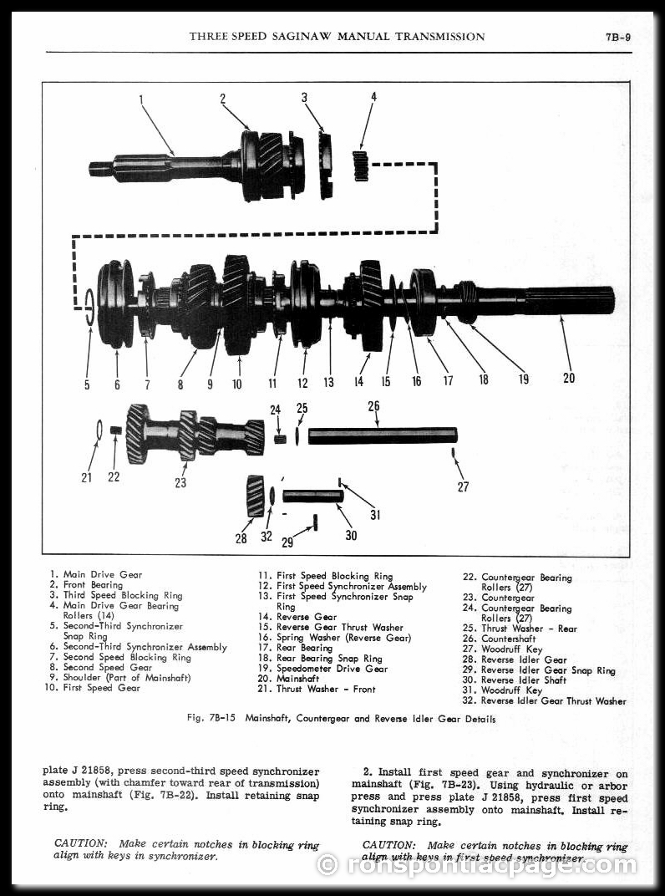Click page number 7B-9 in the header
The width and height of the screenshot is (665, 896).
[x=617, y=37]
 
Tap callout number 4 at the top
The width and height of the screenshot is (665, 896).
[x=373, y=97]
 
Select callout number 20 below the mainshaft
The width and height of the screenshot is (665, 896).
[x=568, y=378]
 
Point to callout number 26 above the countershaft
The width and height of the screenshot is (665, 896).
[x=373, y=406]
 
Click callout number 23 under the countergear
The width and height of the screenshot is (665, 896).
[x=180, y=482]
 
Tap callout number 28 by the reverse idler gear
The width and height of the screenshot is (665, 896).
[x=241, y=538]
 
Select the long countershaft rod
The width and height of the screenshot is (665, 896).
[x=383, y=435]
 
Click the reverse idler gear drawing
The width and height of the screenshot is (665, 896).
[x=255, y=495]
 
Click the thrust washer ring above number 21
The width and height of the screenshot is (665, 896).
[x=99, y=429]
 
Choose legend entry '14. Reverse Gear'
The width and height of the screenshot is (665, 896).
[x=306, y=617]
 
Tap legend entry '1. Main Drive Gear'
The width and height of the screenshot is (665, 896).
[x=96, y=574]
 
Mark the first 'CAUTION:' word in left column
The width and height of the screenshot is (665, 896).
[x=80, y=844]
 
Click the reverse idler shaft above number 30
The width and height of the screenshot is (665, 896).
[x=312, y=496]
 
